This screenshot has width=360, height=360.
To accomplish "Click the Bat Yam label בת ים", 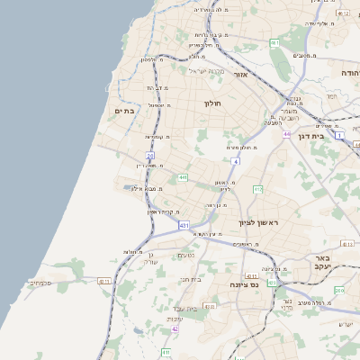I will click(x=123, y=111).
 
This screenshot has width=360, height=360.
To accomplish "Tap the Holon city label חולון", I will click(x=212, y=103).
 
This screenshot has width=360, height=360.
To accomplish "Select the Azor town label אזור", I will click(x=239, y=74).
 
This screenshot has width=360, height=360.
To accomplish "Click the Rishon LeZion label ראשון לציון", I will click(x=258, y=221).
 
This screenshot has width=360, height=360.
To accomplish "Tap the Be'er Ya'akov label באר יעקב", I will click(x=323, y=260).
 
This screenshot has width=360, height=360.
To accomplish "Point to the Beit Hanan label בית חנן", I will click(x=191, y=280).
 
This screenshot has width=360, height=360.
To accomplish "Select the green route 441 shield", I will click(x=183, y=177).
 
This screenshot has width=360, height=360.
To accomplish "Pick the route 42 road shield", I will click(x=175, y=329).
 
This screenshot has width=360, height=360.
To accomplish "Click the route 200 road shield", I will click(x=338, y=290).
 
